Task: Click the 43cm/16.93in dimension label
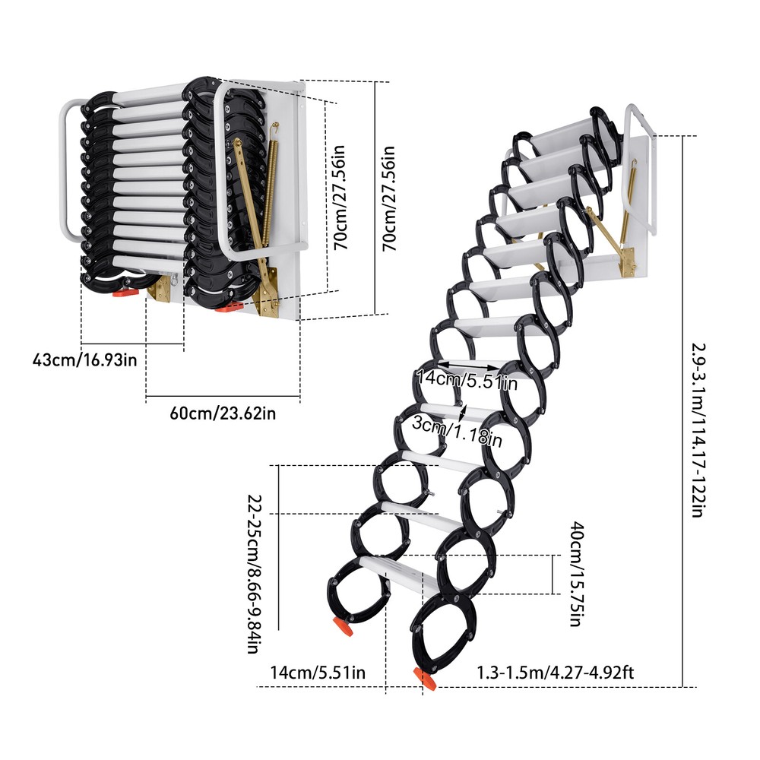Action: point(85,358)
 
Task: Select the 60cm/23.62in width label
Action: point(223,413)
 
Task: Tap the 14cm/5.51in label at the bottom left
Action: point(318,672)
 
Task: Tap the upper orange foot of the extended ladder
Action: point(342,628)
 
